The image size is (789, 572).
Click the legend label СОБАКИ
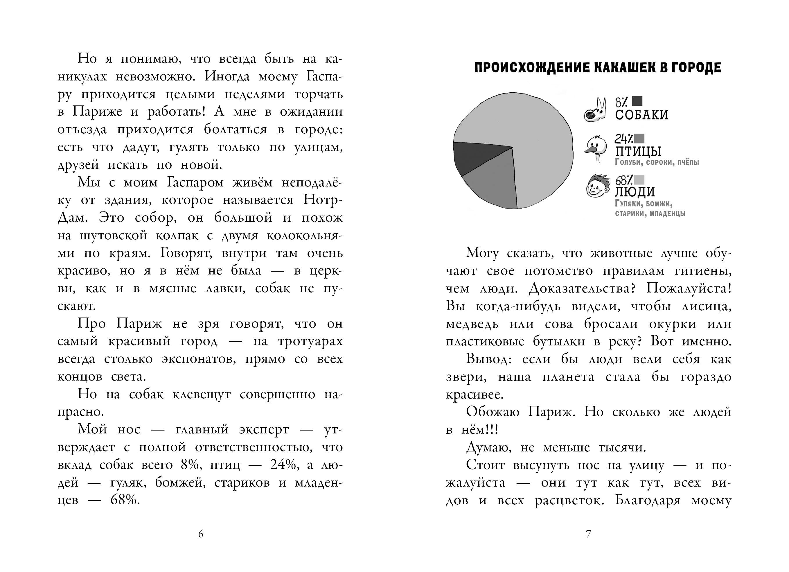click(641, 115)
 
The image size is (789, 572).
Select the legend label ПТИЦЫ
click(638, 152)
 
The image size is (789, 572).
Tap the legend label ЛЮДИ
click(635, 192)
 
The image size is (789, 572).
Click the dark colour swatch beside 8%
click(637, 101)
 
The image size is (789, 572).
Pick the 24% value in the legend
click(623, 139)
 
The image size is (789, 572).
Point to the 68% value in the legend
click(623, 180)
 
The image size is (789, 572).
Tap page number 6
click(201, 534)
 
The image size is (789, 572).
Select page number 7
click(588, 534)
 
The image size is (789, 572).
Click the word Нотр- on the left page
click(323, 200)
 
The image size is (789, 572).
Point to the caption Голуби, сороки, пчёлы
click(657, 162)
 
